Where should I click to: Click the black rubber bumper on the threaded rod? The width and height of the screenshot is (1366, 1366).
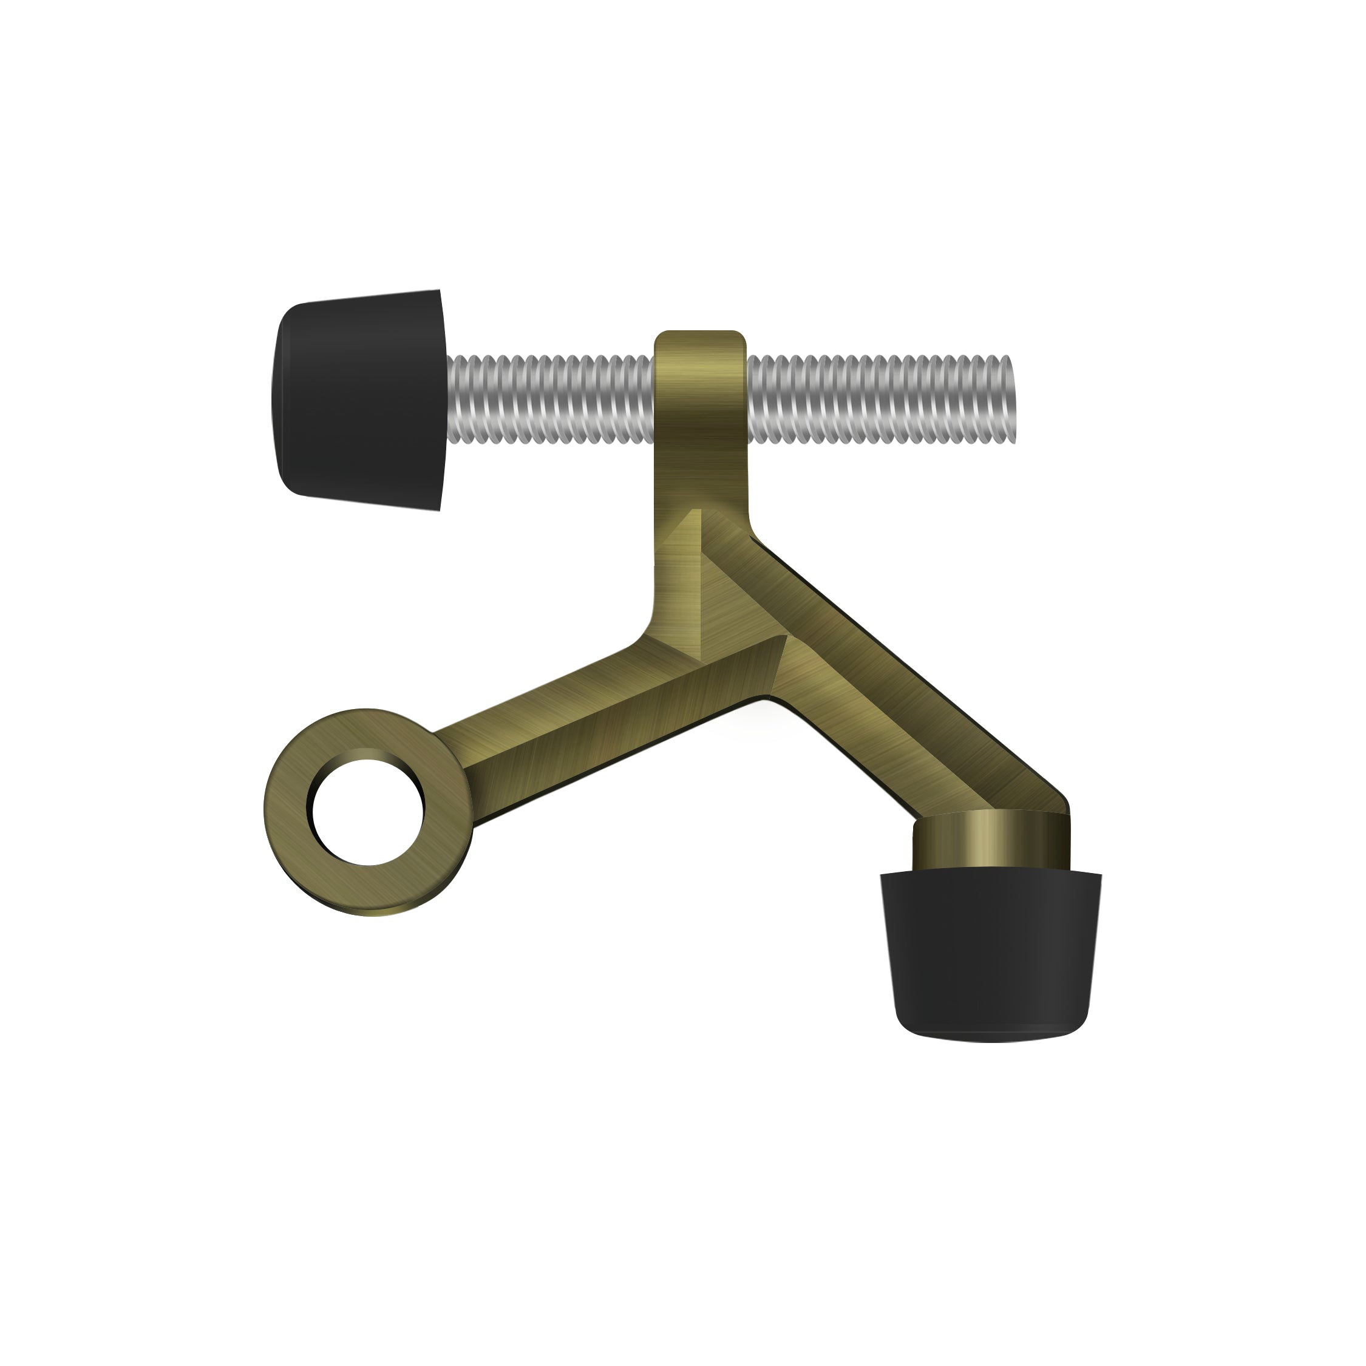point(357,399)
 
